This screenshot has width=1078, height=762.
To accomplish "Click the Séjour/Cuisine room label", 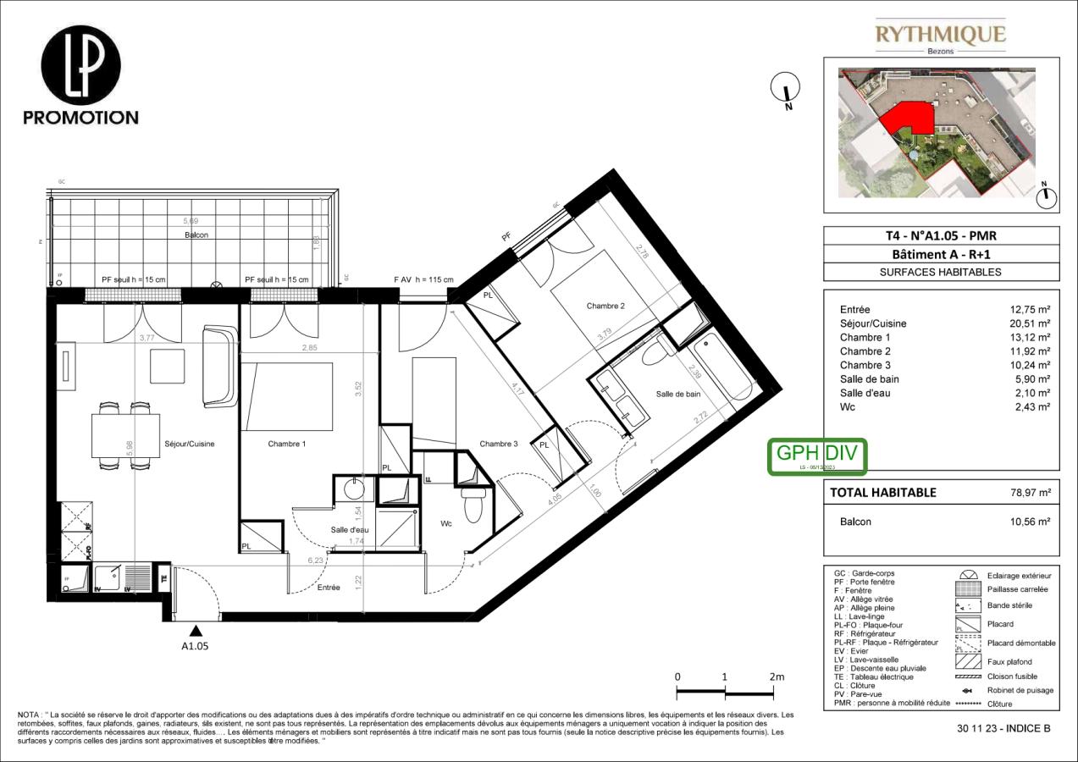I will (189, 444).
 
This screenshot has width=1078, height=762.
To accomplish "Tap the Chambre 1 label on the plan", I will (287, 444).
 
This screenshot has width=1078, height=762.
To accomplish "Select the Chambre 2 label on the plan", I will (605, 306).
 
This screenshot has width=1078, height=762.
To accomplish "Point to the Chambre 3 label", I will (498, 444).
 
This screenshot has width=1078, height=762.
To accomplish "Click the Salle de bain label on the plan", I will (677, 394).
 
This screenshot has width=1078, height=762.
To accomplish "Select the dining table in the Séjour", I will (125, 435).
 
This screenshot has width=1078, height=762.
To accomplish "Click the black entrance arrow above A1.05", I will (196, 630).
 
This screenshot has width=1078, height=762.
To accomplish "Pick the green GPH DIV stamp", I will (817, 456).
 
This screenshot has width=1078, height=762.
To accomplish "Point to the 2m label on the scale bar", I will (777, 676).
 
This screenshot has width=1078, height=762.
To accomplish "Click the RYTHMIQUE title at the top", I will (940, 35).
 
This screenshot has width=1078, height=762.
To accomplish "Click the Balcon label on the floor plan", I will (196, 235).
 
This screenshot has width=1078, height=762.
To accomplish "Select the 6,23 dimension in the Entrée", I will (318, 560).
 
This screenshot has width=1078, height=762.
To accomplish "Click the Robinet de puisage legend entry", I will (1020, 690).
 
